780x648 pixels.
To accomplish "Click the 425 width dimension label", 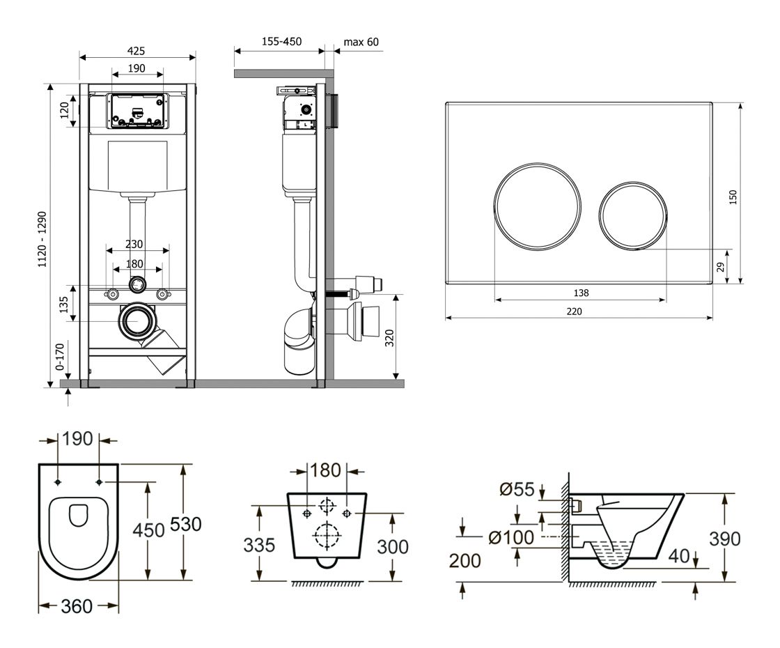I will tap(136, 50).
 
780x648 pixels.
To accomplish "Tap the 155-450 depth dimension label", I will tap(281, 42).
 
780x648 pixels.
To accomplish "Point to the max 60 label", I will tap(361, 42).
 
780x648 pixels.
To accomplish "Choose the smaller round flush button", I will tap(633, 214).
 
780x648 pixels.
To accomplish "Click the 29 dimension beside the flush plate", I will tap(721, 266).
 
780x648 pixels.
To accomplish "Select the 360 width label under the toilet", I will tap(77, 606).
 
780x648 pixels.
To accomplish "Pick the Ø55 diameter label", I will tap(517, 490).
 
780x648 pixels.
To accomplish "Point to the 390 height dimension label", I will tap(724, 538).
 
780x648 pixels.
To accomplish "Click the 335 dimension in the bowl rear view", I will tap(258, 545).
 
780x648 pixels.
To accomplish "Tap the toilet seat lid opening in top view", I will tap(78, 515).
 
